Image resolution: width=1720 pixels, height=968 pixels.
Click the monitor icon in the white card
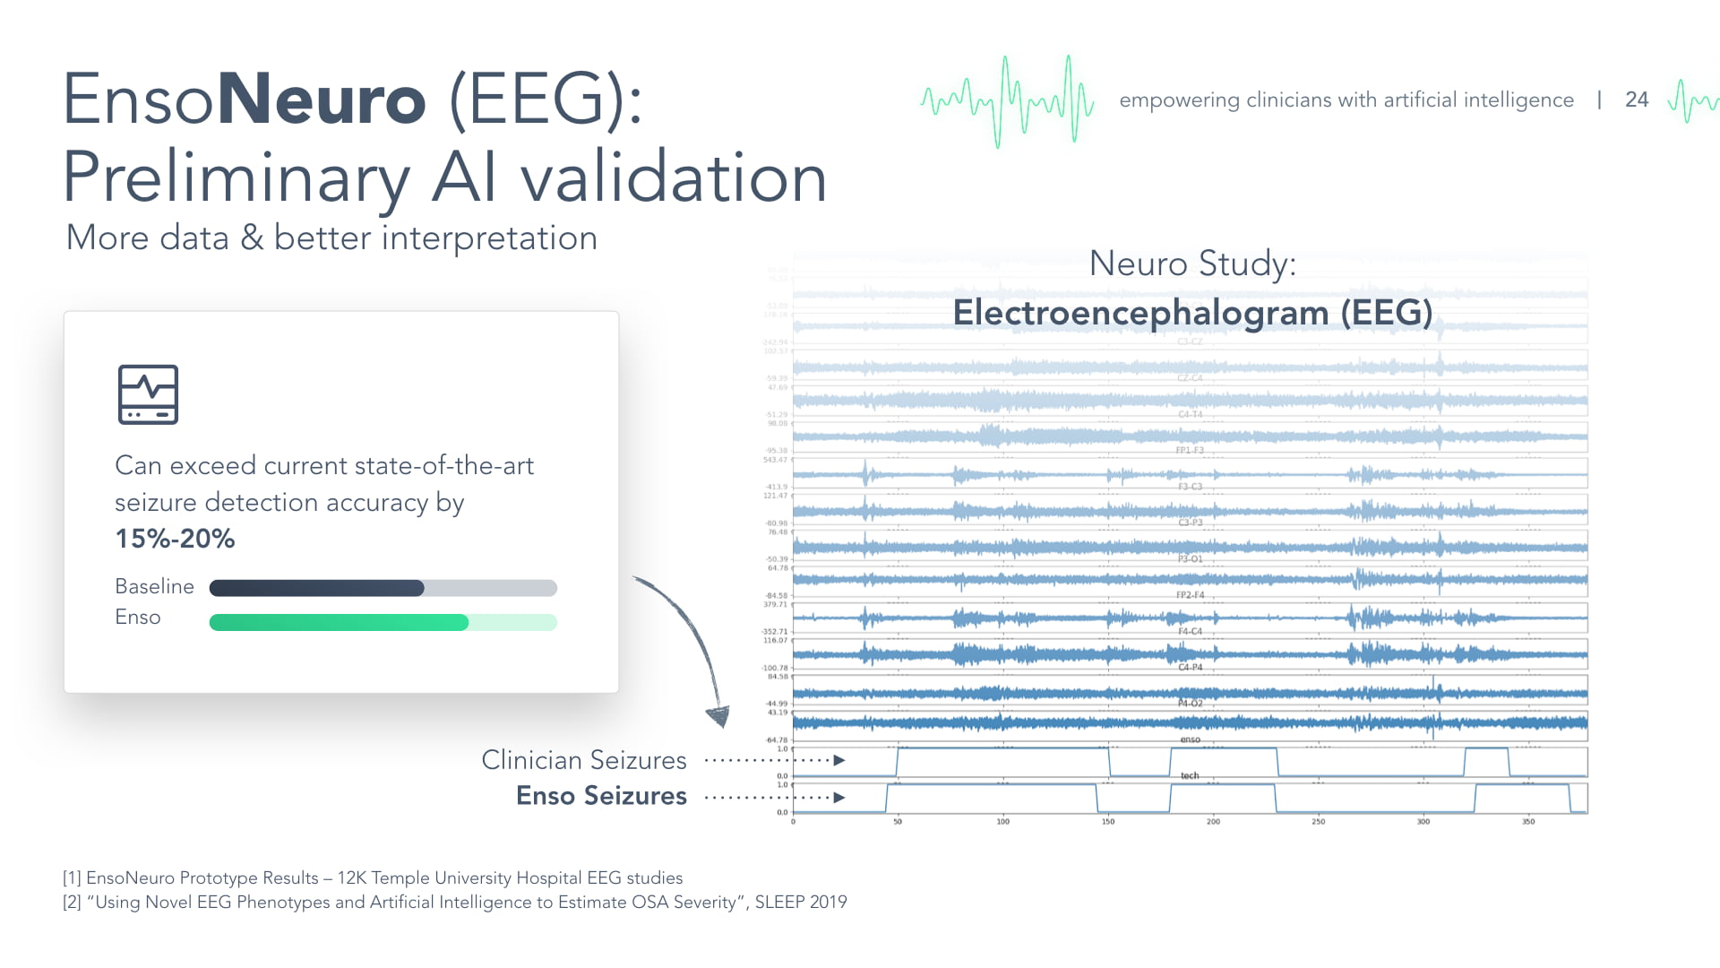point(148,394)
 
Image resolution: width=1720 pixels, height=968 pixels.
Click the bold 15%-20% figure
point(175,539)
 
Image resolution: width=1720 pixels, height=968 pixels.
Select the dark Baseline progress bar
point(316,588)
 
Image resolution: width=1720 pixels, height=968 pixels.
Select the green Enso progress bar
point(339,622)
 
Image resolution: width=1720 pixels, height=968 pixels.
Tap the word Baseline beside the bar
point(154,586)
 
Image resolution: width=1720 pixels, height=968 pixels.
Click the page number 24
point(1636,99)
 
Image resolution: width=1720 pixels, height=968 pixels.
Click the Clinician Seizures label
point(583,760)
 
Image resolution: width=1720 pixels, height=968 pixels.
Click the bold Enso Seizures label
point(601,796)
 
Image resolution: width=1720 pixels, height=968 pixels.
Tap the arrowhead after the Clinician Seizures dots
point(839,760)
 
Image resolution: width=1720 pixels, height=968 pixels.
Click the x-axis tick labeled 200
point(1212,821)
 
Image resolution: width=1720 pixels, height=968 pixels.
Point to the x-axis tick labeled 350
point(1527,821)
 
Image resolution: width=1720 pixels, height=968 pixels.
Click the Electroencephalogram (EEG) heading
point(1191,313)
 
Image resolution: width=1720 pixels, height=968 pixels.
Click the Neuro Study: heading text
point(1191,264)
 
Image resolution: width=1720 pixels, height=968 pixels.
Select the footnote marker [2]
point(72,902)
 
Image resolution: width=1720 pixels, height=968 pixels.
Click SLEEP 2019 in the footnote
point(800,902)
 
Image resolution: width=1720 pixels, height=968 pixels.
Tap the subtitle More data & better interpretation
point(331,238)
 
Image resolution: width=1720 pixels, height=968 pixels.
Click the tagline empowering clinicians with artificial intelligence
point(1346,99)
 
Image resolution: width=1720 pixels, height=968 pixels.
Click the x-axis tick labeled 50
point(898,821)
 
